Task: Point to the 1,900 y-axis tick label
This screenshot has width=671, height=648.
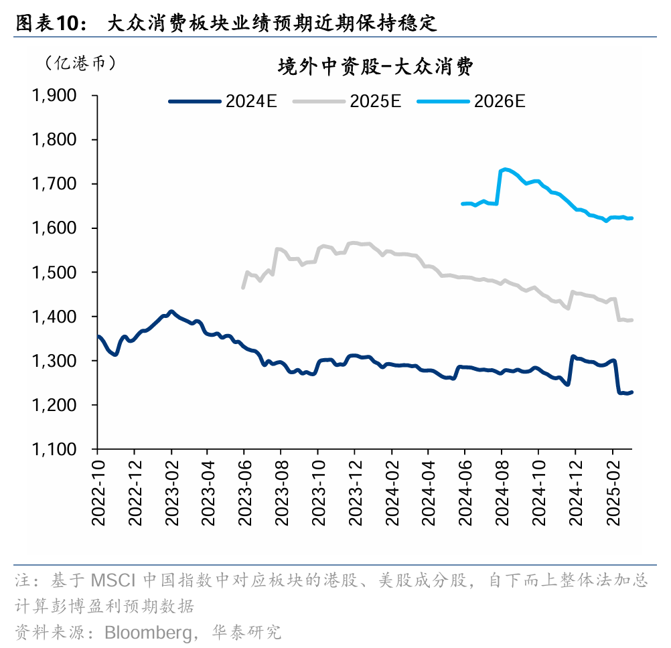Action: (54, 96)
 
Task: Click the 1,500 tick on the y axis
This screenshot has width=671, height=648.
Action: (54, 272)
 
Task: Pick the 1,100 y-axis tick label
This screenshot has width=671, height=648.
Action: (54, 449)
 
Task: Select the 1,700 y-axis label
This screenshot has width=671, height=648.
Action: (54, 184)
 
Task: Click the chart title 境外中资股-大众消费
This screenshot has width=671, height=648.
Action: (376, 67)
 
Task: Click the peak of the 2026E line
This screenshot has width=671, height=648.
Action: (504, 169)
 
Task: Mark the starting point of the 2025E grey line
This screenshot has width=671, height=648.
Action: (243, 288)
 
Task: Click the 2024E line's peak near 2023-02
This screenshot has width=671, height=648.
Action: (171, 312)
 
